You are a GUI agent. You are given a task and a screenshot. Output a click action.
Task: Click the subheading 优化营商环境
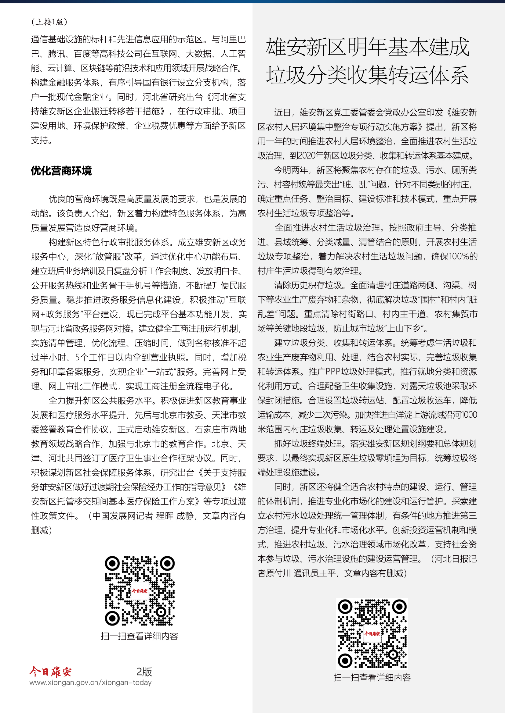tap(61, 171)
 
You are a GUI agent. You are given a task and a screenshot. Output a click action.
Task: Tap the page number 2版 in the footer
tap(144, 672)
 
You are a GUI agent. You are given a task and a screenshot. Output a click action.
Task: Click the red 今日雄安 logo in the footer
tap(51, 671)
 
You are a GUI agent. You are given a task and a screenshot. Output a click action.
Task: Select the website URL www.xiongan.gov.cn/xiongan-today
tap(90, 683)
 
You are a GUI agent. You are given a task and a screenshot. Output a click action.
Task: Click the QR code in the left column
tap(140, 591)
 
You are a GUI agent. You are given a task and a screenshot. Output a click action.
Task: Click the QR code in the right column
tap(372, 633)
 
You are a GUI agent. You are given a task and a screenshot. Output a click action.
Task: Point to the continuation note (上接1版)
tap(49, 22)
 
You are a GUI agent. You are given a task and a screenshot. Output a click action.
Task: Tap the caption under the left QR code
tap(140, 636)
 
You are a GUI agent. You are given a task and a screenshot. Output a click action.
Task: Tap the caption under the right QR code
tap(372, 678)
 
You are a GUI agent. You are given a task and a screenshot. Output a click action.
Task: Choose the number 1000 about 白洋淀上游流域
tap(469, 415)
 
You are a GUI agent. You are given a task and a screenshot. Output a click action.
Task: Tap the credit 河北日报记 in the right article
tap(455, 559)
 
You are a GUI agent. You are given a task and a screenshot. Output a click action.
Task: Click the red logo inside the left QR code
tap(140, 591)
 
